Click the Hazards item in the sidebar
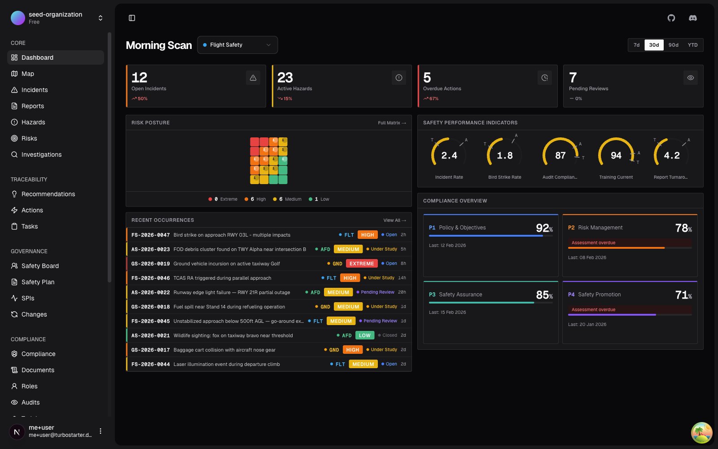click(33, 122)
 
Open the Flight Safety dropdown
click(237, 45)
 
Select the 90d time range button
click(673, 45)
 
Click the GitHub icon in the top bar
click(671, 18)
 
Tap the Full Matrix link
click(391, 123)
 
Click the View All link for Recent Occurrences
click(394, 220)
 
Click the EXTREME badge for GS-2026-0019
click(361, 264)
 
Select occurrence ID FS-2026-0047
click(150, 235)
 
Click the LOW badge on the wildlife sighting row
click(364, 335)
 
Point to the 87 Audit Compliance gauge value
click(560, 155)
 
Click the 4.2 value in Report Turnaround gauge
click(671, 155)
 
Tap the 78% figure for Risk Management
click(683, 228)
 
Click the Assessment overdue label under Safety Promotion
click(593, 309)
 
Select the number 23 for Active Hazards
click(285, 78)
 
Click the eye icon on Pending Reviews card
click(690, 78)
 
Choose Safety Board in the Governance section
click(40, 266)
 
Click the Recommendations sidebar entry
click(48, 194)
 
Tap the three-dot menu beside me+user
click(101, 431)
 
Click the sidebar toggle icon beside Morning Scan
click(132, 18)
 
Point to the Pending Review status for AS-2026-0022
click(377, 292)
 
